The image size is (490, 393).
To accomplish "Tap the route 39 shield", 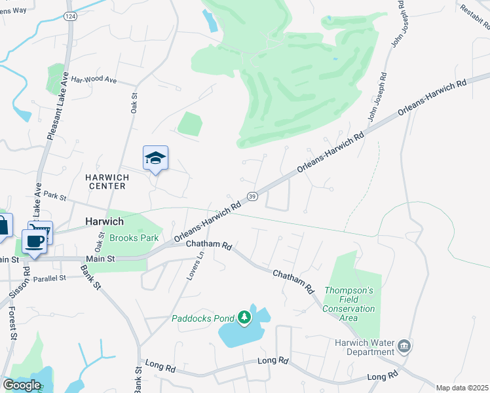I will tap(252, 196).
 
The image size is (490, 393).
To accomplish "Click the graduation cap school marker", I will tap(155, 158).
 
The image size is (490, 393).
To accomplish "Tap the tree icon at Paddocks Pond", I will tap(244, 318).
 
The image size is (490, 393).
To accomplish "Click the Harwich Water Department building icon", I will tap(404, 345).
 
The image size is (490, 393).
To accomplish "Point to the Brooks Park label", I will tap(134, 238).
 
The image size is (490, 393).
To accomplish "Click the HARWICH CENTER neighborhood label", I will tap(105, 181).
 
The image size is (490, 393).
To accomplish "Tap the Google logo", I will tap(22, 385).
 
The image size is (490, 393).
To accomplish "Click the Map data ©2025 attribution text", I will tap(461, 388).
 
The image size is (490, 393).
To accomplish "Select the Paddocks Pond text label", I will tap(203, 319).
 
